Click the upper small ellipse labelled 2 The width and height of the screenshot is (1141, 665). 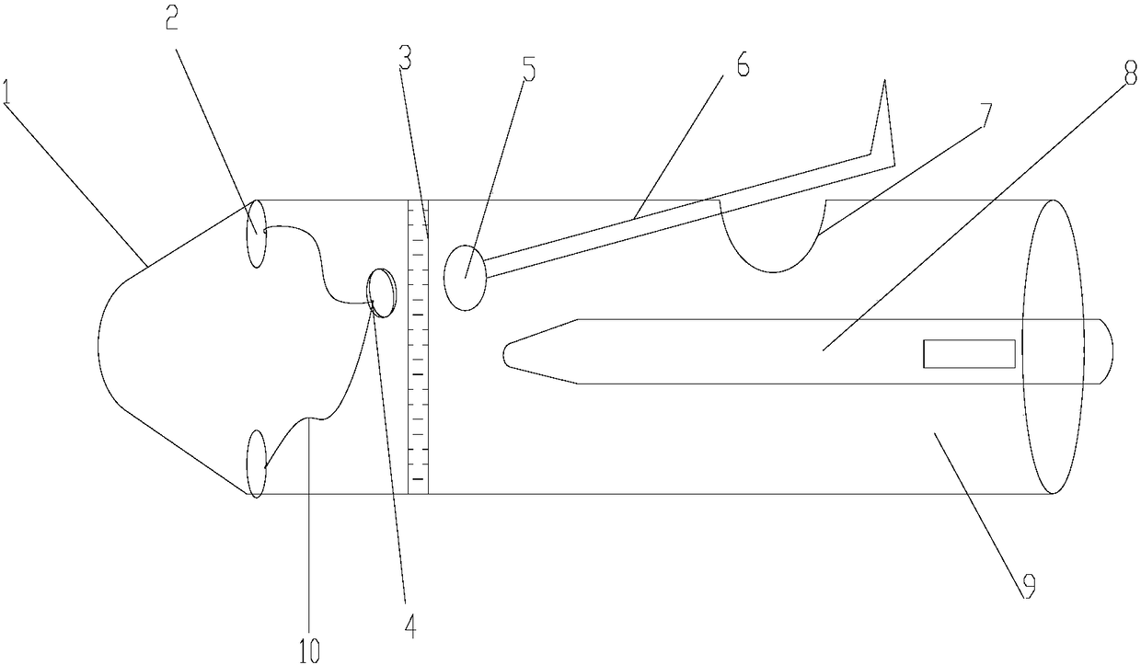tap(256, 234)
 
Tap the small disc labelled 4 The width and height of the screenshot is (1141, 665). tap(381, 290)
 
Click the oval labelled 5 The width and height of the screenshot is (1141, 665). tap(466, 277)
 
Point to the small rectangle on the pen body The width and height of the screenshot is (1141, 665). tap(969, 354)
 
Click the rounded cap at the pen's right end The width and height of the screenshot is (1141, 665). tap(1106, 351)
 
